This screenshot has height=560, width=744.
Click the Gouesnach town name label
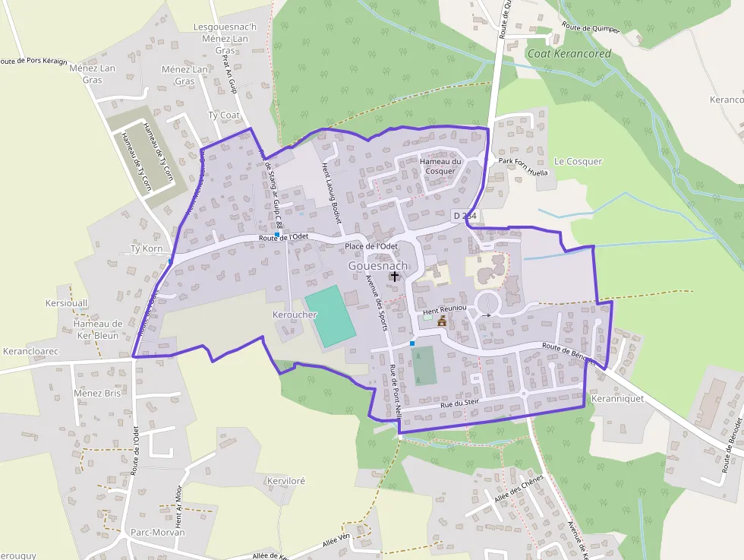click(x=378, y=266)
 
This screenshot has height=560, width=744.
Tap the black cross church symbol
click(x=395, y=277)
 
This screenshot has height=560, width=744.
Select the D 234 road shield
click(x=465, y=216)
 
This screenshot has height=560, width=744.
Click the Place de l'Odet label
click(x=371, y=247)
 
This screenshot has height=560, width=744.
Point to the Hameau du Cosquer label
click(x=440, y=166)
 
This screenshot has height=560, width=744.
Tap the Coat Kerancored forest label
click(x=569, y=54)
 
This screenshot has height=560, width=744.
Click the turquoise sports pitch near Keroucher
click(x=330, y=316)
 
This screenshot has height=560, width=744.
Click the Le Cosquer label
click(x=578, y=161)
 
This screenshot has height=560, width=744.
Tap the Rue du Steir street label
click(x=460, y=406)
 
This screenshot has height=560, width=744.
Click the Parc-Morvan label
click(x=157, y=532)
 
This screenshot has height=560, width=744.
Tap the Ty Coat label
click(x=224, y=115)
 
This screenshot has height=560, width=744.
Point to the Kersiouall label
click(x=67, y=302)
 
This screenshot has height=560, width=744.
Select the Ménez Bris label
click(x=97, y=394)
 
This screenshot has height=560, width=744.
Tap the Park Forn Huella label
click(x=522, y=166)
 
